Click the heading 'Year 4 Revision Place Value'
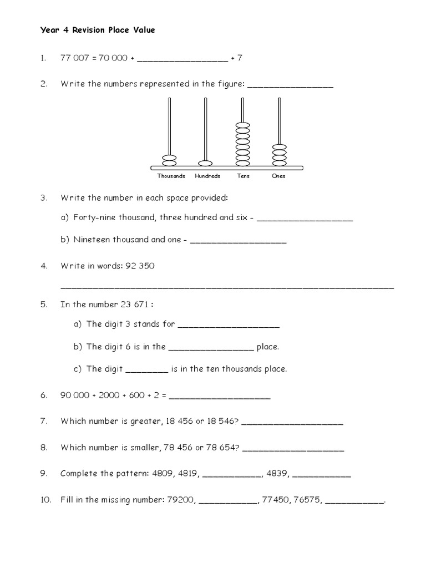pyautogui.click(x=98, y=31)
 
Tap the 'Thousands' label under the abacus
pyautogui.click(x=171, y=176)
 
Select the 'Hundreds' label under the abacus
pyautogui.click(x=207, y=176)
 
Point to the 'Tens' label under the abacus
pyautogui.click(x=243, y=176)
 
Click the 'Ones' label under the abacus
pyautogui.click(x=278, y=176)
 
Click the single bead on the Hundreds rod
pyautogui.click(x=205, y=163)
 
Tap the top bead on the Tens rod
pyautogui.click(x=242, y=126)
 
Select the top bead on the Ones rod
pyautogui.click(x=279, y=147)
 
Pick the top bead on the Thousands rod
pyautogui.click(x=169, y=158)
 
